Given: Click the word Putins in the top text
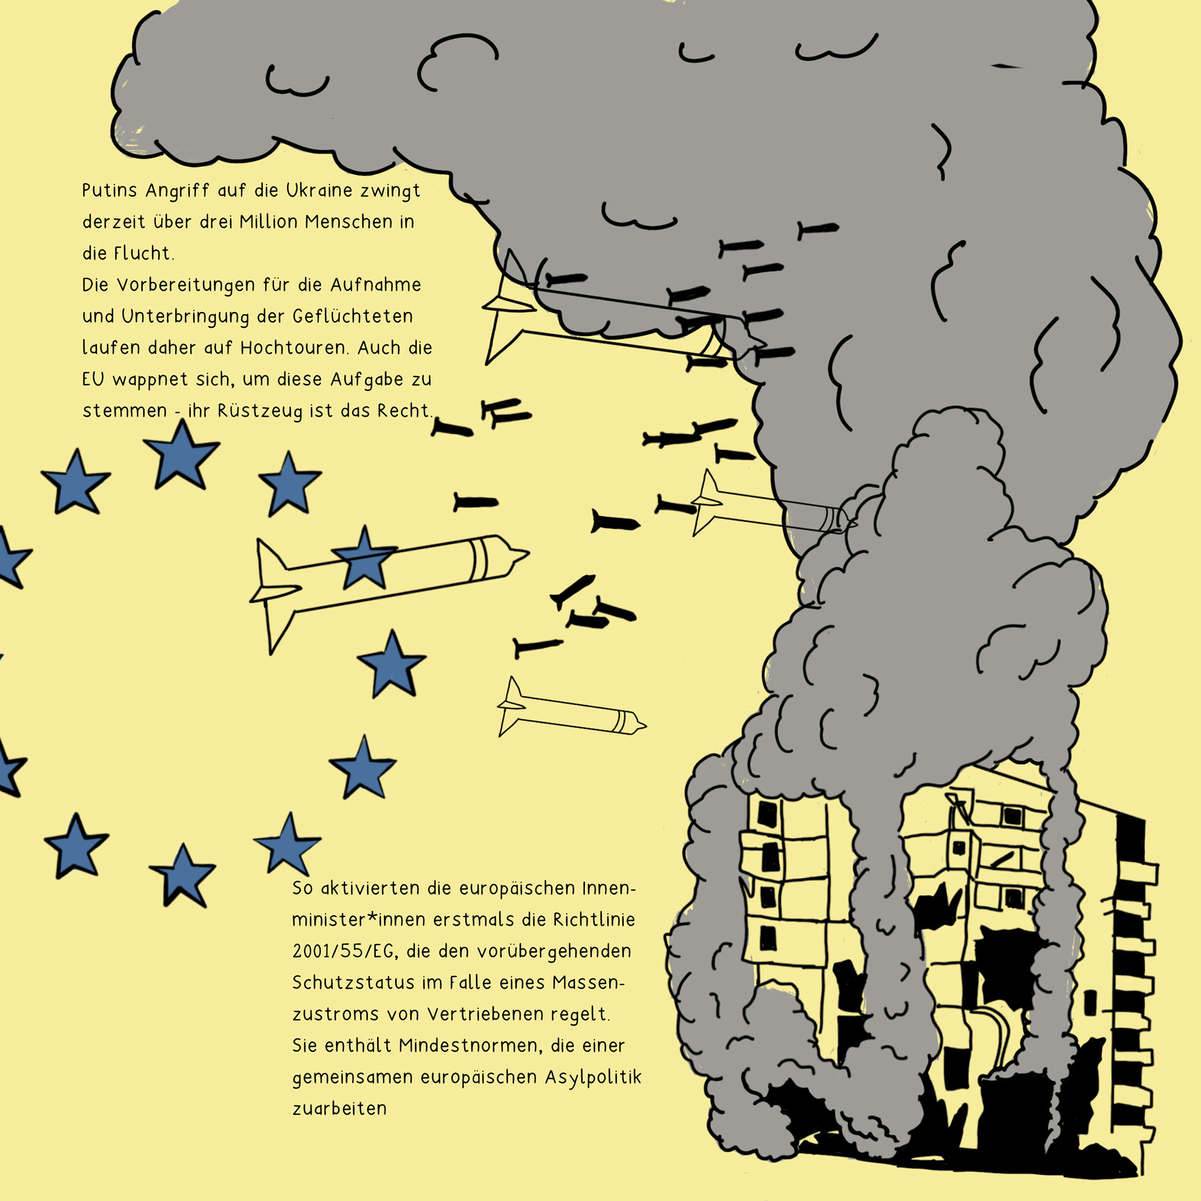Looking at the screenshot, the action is coord(109,190).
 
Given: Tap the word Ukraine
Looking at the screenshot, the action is coord(319,190).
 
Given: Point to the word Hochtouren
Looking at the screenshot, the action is coord(293,348).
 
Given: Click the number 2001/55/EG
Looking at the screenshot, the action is coord(343,951).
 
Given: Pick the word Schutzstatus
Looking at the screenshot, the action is coord(353,983).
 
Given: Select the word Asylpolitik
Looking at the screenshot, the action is coord(593,1077).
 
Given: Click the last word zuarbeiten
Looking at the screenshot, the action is coord(340,1108).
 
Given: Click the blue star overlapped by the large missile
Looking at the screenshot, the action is coord(364,559).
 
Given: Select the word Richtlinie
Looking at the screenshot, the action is coord(594,920).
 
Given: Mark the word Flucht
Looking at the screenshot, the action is coord(143,253).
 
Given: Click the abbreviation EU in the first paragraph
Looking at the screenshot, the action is coord(93,379).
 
